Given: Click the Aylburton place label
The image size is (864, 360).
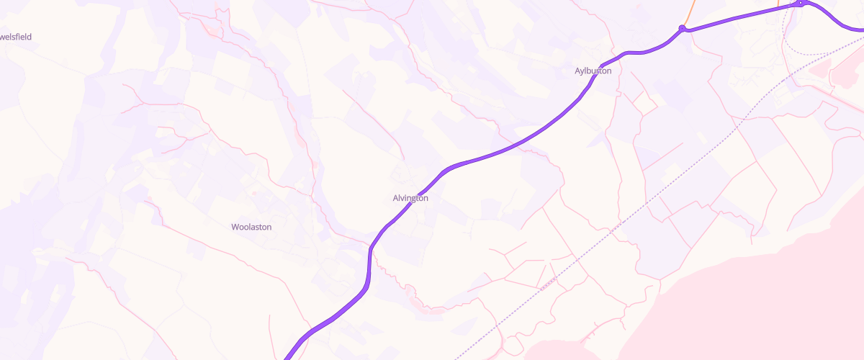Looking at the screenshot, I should click(x=593, y=71).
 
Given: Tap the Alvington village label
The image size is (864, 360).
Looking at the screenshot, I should click(x=410, y=198).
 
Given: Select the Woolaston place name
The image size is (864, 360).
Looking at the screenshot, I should click(x=251, y=227).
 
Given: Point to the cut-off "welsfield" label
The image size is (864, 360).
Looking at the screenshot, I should click(x=16, y=37).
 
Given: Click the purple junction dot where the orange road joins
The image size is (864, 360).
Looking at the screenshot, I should click(x=682, y=28).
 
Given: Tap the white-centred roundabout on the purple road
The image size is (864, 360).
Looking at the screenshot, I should click(x=801, y=4).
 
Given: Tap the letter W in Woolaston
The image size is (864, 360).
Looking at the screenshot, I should click(x=235, y=227).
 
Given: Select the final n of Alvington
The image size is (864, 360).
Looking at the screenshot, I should click(x=426, y=198).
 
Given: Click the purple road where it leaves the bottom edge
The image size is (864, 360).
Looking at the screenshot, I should click(x=287, y=357).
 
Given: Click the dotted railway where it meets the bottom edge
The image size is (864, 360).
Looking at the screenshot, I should click(x=456, y=357).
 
